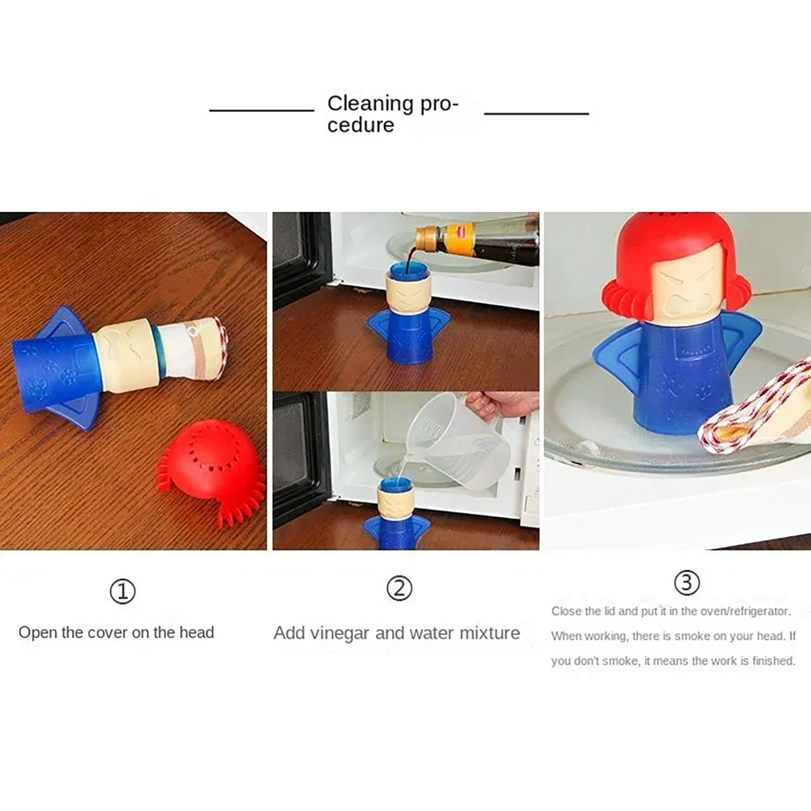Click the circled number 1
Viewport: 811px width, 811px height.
pyautogui.click(x=123, y=592)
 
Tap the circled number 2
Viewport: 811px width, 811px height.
pyautogui.click(x=399, y=588)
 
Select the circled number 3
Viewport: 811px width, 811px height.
pyautogui.click(x=687, y=582)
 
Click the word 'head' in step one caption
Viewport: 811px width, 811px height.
pyautogui.click(x=197, y=632)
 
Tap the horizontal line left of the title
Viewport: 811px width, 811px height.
pyautogui.click(x=262, y=109)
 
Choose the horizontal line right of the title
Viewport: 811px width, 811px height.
pyautogui.click(x=536, y=113)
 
